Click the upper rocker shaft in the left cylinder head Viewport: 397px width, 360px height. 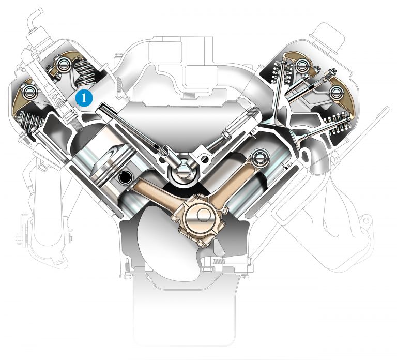(x=66, y=65)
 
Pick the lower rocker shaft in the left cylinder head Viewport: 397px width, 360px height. (x=25, y=92)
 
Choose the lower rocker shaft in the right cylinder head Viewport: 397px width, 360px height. (x=338, y=93)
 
